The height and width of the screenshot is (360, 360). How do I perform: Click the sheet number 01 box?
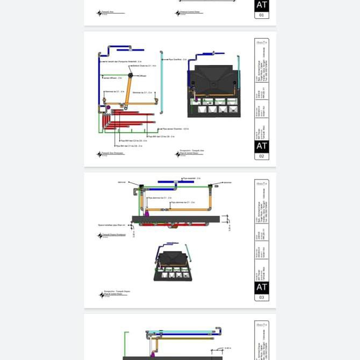coord(261,16)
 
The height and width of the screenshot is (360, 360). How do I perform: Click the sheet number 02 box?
coord(261,156)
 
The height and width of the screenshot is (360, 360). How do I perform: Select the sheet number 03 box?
coord(261,297)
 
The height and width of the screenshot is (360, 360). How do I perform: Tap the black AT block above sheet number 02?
coord(261,146)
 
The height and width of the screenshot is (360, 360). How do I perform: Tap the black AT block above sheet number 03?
coord(261,287)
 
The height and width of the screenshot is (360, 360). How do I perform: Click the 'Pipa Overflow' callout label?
coord(177,60)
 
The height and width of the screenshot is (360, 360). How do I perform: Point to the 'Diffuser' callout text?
coord(142,76)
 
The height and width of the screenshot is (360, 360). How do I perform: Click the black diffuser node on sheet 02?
coord(130,76)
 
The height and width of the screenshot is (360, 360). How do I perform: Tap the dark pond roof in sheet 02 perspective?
coord(213,77)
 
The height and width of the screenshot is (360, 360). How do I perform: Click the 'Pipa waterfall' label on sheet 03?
coord(191,178)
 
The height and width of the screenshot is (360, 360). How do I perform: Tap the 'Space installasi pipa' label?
coord(111,225)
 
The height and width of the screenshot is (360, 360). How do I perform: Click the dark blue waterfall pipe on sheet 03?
coord(183,182)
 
